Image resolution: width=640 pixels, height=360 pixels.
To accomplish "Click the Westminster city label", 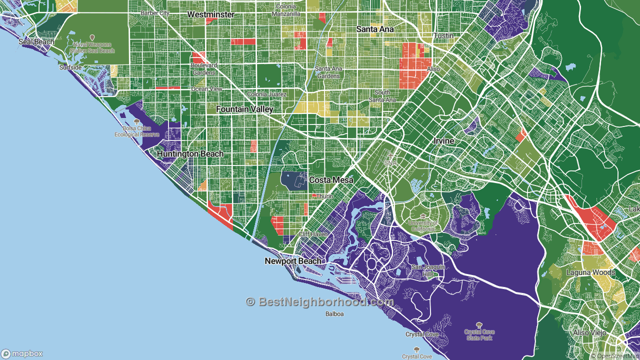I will (210, 14).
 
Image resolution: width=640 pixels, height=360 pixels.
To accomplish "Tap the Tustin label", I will (443, 36).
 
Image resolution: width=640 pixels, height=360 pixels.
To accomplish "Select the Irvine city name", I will (443, 141).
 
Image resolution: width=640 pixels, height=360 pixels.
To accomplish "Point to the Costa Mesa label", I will (331, 180).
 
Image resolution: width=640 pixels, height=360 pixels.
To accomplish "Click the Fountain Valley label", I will (244, 109).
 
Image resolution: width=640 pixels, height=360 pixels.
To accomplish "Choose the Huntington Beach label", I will (190, 154).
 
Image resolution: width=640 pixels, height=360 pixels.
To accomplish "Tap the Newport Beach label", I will (293, 261).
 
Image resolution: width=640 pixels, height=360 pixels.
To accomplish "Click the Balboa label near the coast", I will (334, 314).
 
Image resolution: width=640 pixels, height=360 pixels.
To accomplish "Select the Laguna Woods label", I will (590, 272).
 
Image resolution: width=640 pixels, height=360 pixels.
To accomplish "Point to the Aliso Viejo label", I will (590, 332).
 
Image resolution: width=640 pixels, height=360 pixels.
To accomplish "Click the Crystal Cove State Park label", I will (479, 334).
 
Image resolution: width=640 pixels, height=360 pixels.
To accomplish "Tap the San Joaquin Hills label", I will (428, 270).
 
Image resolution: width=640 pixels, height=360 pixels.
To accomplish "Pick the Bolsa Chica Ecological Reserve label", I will (136, 131).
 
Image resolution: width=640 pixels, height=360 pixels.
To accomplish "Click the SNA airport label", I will (390, 162).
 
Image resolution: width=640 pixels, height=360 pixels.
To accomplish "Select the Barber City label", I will (154, 13).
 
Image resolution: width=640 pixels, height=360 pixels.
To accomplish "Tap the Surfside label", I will (70, 67).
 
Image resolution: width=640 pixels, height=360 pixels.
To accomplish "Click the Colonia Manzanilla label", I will (286, 10).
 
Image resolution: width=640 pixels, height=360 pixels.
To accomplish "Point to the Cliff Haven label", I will (312, 234).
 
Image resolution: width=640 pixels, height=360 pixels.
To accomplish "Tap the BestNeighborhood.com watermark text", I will (320, 302).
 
